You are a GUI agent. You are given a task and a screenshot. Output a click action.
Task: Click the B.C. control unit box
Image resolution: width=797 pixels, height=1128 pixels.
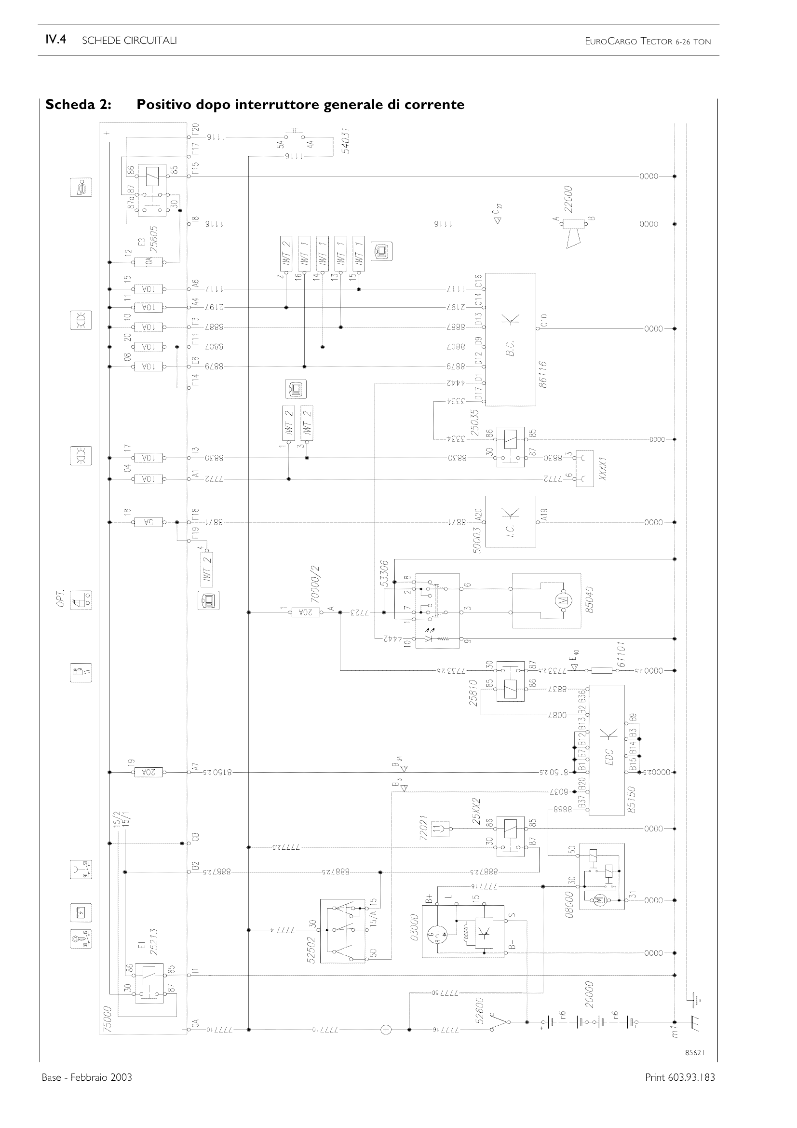(511, 339)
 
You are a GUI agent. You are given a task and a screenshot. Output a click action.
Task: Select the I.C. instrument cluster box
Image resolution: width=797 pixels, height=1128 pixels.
(511, 521)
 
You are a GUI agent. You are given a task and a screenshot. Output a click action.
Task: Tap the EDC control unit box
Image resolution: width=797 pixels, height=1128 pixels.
(607, 750)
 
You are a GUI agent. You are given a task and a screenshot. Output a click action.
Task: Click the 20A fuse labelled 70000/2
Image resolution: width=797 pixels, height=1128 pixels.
(305, 612)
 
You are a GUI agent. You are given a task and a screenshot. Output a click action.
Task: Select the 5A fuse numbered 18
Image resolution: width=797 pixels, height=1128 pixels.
(149, 522)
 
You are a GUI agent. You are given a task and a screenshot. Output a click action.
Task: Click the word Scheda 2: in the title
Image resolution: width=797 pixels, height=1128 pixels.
(78, 105)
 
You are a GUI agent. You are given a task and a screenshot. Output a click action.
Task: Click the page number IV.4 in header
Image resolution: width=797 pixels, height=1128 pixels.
(55, 41)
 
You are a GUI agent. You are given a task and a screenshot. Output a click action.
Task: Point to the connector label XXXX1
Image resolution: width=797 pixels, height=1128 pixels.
(604, 469)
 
